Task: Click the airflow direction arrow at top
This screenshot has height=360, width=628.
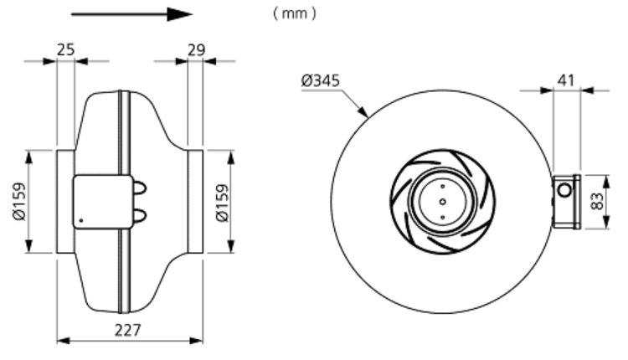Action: tap(131, 14)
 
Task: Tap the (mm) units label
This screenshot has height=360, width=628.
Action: tap(295, 13)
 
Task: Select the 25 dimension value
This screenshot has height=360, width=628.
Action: tap(65, 49)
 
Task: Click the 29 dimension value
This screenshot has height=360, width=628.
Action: tap(196, 50)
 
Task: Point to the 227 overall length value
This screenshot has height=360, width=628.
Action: tap(128, 331)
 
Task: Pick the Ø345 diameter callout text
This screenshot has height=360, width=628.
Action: tap(321, 80)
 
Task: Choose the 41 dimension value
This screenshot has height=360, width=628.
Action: tap(566, 80)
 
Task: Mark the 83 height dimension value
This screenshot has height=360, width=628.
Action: tap(597, 201)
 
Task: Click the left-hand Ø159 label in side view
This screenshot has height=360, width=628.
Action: tap(19, 202)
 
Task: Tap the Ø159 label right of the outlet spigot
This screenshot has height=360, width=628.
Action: tap(222, 203)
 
